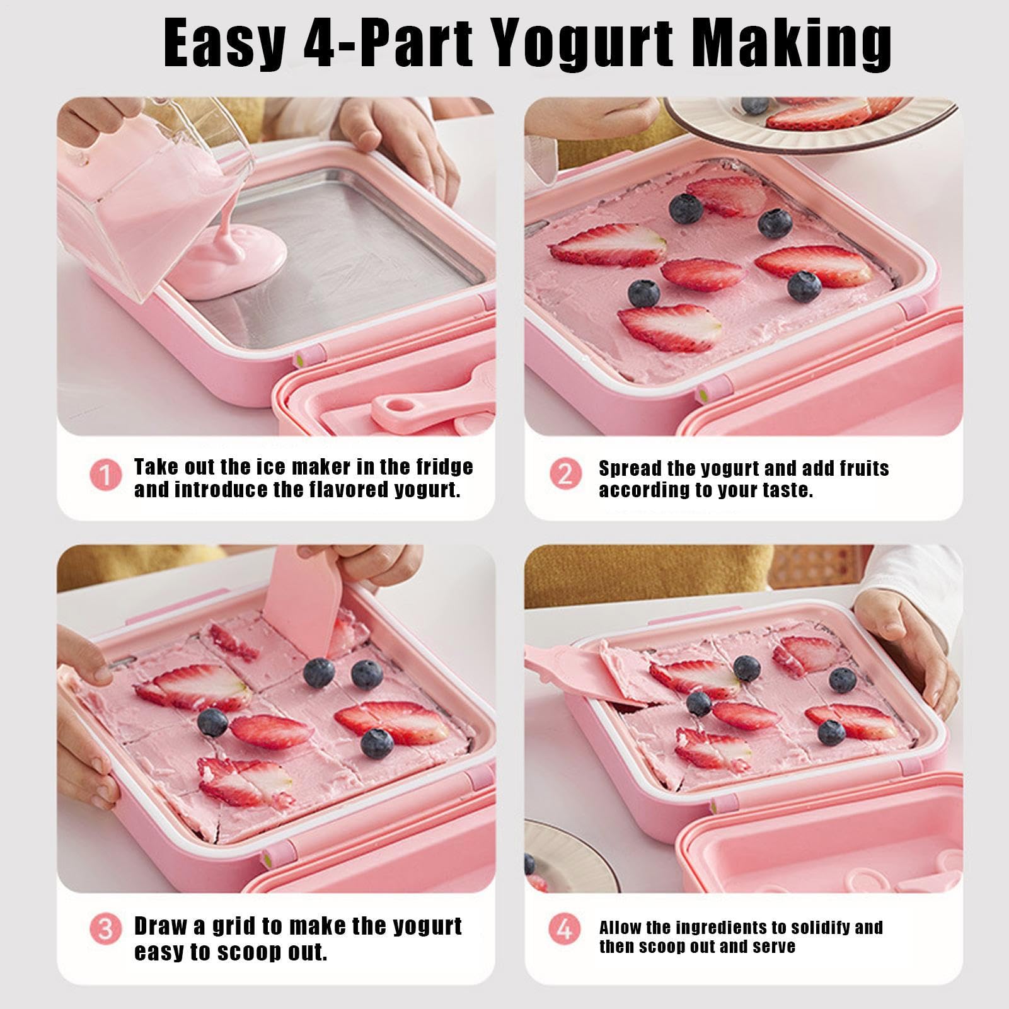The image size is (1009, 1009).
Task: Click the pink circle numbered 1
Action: point(105,475)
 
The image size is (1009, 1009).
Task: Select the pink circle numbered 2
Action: point(565,475)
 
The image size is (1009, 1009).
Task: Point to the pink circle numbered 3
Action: point(105,929)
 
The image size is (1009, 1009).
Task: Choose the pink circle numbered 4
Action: point(565,929)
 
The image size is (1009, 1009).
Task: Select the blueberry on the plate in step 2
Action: point(754,105)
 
